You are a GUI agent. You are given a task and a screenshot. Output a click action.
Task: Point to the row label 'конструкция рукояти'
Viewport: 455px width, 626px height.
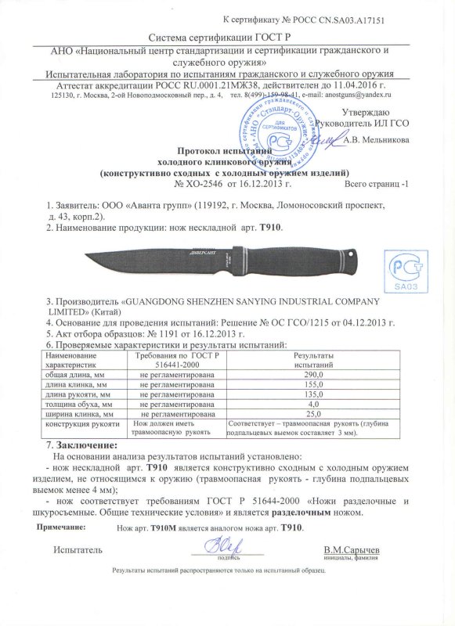[x=78, y=423]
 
